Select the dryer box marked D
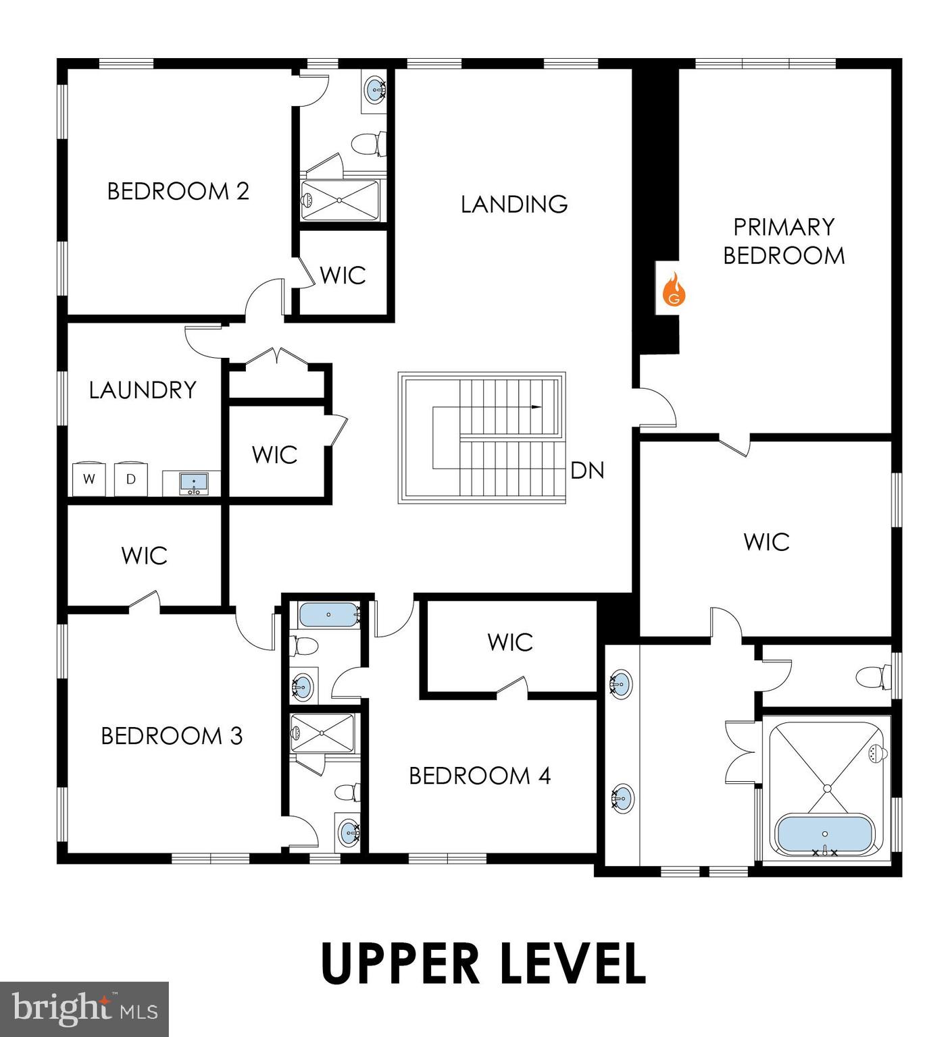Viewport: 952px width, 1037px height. coord(131,479)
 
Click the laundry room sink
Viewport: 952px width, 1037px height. coord(195,483)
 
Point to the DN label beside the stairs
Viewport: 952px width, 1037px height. coord(586,471)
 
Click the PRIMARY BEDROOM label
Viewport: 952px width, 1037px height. coord(784,241)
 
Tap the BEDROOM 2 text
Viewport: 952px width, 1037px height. coord(178,191)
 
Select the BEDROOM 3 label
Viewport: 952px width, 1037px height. coord(172,735)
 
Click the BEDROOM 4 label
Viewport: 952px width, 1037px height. coord(480,776)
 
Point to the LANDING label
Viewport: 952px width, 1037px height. coord(514,204)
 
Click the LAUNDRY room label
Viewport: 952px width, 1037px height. coord(143,390)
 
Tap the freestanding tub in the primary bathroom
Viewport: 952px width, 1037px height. coord(824,834)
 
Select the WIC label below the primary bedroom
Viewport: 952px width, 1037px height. coord(766,541)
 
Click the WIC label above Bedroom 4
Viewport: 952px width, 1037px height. coord(510,642)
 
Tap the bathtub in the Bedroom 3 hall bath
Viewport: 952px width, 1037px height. coord(328,614)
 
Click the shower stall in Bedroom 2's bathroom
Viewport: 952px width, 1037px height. coord(339,200)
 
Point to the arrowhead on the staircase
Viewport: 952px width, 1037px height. coord(536,407)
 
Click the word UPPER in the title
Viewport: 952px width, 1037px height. coord(400,963)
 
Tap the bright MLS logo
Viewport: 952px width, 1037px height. coord(84,1009)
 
